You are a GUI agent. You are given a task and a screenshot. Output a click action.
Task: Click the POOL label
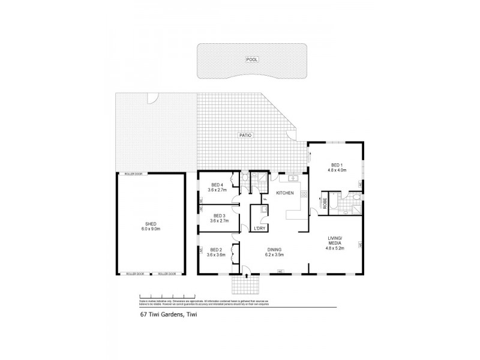251,59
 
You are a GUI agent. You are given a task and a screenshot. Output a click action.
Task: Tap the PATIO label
245,136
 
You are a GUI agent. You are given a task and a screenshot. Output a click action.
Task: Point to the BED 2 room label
216,253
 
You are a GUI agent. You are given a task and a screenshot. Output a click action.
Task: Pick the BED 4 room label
216,187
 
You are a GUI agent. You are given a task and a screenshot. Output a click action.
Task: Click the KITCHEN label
284,193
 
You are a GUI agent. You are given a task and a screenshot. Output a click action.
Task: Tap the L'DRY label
259,229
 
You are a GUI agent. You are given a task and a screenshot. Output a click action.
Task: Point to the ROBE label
323,203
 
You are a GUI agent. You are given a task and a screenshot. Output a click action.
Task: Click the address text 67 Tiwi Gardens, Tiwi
165,313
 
